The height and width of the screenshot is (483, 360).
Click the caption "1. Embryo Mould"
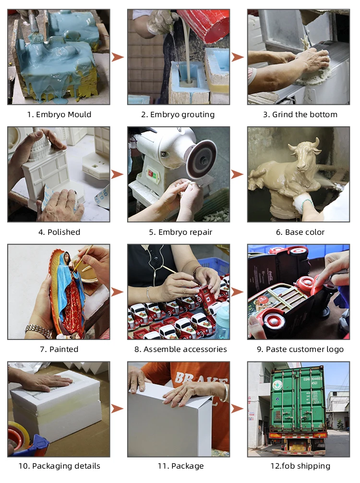pos(59,115)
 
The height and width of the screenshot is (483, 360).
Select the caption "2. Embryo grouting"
pos(178,115)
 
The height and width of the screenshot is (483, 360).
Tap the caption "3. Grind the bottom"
pos(300,115)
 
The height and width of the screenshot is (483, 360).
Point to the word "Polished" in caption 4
pos(64,232)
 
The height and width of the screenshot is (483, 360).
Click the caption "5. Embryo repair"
pos(181,232)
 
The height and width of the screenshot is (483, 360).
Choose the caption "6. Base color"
pos(300,232)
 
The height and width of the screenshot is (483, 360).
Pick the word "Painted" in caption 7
pos(64,349)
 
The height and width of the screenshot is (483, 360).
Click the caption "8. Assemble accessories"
pos(180,349)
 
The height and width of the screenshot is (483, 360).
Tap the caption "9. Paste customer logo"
pos(300,350)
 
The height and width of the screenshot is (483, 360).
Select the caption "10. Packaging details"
pos(59,466)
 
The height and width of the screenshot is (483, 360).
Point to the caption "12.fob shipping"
pos(300,466)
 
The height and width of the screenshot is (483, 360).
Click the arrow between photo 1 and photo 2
pos(117,57)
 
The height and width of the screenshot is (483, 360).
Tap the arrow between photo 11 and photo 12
pos(237,409)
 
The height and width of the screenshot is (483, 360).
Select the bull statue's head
pos(305,154)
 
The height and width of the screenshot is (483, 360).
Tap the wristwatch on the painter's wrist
pos(38,330)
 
